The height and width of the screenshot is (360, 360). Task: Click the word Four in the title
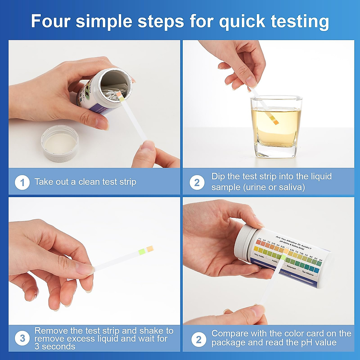click(x=51, y=21)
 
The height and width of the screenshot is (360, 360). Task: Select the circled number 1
click(x=22, y=182)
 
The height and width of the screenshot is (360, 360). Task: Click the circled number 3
click(x=22, y=338)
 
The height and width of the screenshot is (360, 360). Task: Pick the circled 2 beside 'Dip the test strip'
click(x=197, y=182)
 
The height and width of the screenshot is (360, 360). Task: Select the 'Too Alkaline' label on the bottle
click(x=308, y=273)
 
